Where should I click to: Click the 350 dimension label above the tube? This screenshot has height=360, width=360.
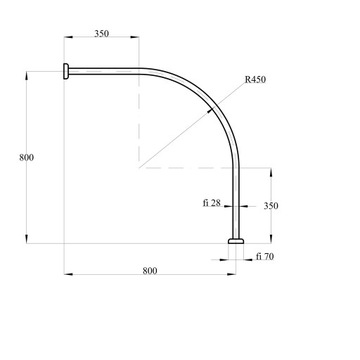tap(101, 34)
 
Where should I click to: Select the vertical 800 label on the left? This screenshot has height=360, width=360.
tap(26, 158)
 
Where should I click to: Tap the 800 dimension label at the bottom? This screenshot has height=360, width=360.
tap(150, 271)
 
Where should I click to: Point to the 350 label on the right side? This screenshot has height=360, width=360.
tap(271, 206)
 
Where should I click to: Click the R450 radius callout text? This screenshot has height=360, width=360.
tap(255, 80)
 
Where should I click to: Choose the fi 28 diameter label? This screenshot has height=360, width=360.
tap(212, 203)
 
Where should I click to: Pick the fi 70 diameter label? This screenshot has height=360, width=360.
tap(265, 257)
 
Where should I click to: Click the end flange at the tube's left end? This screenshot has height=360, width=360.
tap(66, 71)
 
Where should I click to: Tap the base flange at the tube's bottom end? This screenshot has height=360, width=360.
tap(236, 241)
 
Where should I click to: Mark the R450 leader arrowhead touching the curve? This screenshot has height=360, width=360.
tap(210, 111)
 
